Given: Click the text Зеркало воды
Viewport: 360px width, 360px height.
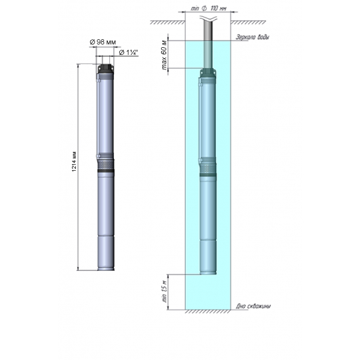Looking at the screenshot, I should pyautogui.click(x=251, y=37).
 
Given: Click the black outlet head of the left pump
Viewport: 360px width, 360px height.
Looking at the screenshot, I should pyautogui.click(x=105, y=67).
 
